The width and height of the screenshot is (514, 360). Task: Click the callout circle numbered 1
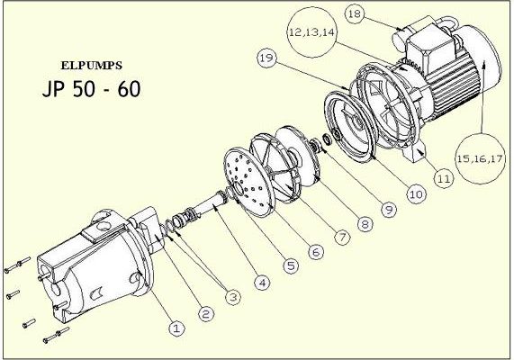[176, 328]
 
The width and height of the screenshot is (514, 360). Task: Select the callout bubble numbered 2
[205, 314]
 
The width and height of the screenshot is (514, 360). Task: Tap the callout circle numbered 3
[233, 297]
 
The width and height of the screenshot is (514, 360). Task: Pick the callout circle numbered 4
[262, 282]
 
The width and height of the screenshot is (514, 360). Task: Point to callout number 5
[291, 265]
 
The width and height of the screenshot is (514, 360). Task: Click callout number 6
[316, 252]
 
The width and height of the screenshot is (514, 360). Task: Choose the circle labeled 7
[342, 237]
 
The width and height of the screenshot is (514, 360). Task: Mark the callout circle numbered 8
[365, 224]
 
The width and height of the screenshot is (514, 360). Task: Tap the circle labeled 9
[389, 209]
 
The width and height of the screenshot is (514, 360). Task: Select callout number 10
[416, 194]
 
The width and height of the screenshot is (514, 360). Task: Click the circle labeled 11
[444, 179]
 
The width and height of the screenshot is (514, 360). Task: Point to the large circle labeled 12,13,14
[311, 32]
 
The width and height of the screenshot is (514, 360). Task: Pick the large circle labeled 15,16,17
[480, 158]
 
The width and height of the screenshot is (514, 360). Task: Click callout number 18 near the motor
[355, 13]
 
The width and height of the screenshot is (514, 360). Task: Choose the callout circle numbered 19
[266, 58]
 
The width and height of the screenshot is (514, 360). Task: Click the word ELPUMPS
[92, 66]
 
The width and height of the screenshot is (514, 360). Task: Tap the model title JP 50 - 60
[92, 88]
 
